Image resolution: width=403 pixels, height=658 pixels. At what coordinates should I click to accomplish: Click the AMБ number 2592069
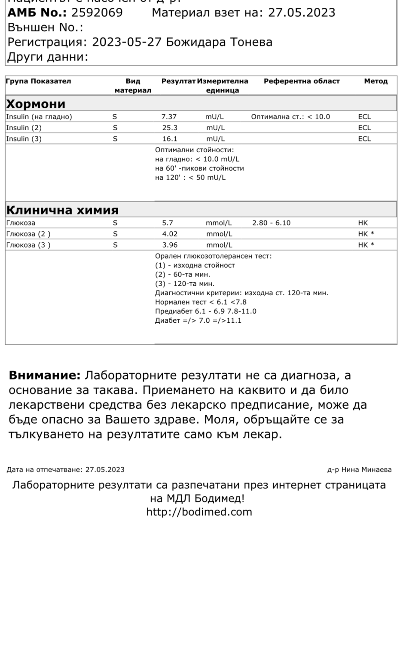97,12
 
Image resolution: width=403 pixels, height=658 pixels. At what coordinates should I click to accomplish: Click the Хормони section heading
35,104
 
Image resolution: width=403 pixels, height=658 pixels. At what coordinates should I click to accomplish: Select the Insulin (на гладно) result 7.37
169,117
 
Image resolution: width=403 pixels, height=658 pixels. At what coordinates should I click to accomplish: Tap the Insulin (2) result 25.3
170,128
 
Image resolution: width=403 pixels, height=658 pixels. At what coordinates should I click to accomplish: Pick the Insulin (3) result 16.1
170,139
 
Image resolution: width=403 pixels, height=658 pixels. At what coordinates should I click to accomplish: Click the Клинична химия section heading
62,210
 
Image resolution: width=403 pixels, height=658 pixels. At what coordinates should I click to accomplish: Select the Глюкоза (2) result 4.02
170,234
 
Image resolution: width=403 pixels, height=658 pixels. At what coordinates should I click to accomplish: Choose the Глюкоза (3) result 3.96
170,245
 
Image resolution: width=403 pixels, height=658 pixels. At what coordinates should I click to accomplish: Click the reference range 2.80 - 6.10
271,223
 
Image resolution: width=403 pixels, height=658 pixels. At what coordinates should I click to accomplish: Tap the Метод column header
376,81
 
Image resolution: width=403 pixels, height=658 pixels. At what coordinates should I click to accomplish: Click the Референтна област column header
302,81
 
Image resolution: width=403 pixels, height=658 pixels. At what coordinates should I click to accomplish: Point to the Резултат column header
178,81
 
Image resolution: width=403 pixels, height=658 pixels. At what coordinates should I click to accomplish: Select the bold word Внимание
45,376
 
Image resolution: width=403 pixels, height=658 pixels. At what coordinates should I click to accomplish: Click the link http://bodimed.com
199,512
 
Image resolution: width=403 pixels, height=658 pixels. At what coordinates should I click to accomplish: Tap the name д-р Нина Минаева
359,470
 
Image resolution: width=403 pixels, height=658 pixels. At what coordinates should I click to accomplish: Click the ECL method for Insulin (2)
364,128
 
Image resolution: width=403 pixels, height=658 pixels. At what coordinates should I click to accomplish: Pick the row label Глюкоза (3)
28,245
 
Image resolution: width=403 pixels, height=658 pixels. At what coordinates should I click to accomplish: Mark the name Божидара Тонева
219,42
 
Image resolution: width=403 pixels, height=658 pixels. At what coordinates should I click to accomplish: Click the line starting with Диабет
198,321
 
